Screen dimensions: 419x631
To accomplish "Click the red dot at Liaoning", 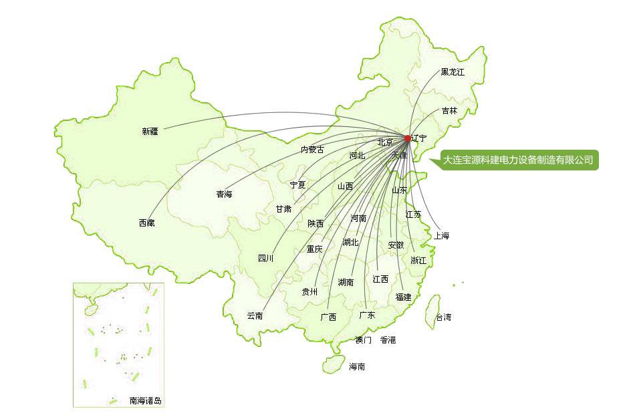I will click(x=408, y=138).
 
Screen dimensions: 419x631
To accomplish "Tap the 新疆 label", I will click(x=150, y=132).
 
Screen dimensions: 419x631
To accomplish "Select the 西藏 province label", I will click(x=146, y=223).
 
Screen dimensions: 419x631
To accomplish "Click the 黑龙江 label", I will click(x=453, y=72).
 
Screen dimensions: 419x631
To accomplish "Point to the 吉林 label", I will click(x=449, y=111).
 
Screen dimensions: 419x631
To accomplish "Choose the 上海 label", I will click(x=441, y=236).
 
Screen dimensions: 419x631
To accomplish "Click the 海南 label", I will click(x=357, y=367).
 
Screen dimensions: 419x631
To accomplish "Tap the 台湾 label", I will click(x=443, y=317).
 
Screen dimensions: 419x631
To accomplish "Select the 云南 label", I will click(x=255, y=316).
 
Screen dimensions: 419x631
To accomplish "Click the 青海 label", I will click(x=224, y=195).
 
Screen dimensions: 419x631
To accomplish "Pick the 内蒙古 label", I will click(x=312, y=150).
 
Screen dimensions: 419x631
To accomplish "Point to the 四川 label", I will click(x=265, y=259).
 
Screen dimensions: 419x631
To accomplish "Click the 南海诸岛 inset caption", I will click(x=146, y=402).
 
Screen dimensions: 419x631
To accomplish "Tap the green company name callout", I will click(x=518, y=160).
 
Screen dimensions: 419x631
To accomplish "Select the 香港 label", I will click(x=388, y=340).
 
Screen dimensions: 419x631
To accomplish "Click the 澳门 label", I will click(x=363, y=340).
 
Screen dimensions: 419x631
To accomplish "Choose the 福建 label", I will click(x=403, y=297).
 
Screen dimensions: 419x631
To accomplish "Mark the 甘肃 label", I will click(x=283, y=209).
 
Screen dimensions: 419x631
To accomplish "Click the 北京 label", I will click(x=385, y=142).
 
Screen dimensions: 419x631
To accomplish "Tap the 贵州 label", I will click(x=309, y=292).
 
